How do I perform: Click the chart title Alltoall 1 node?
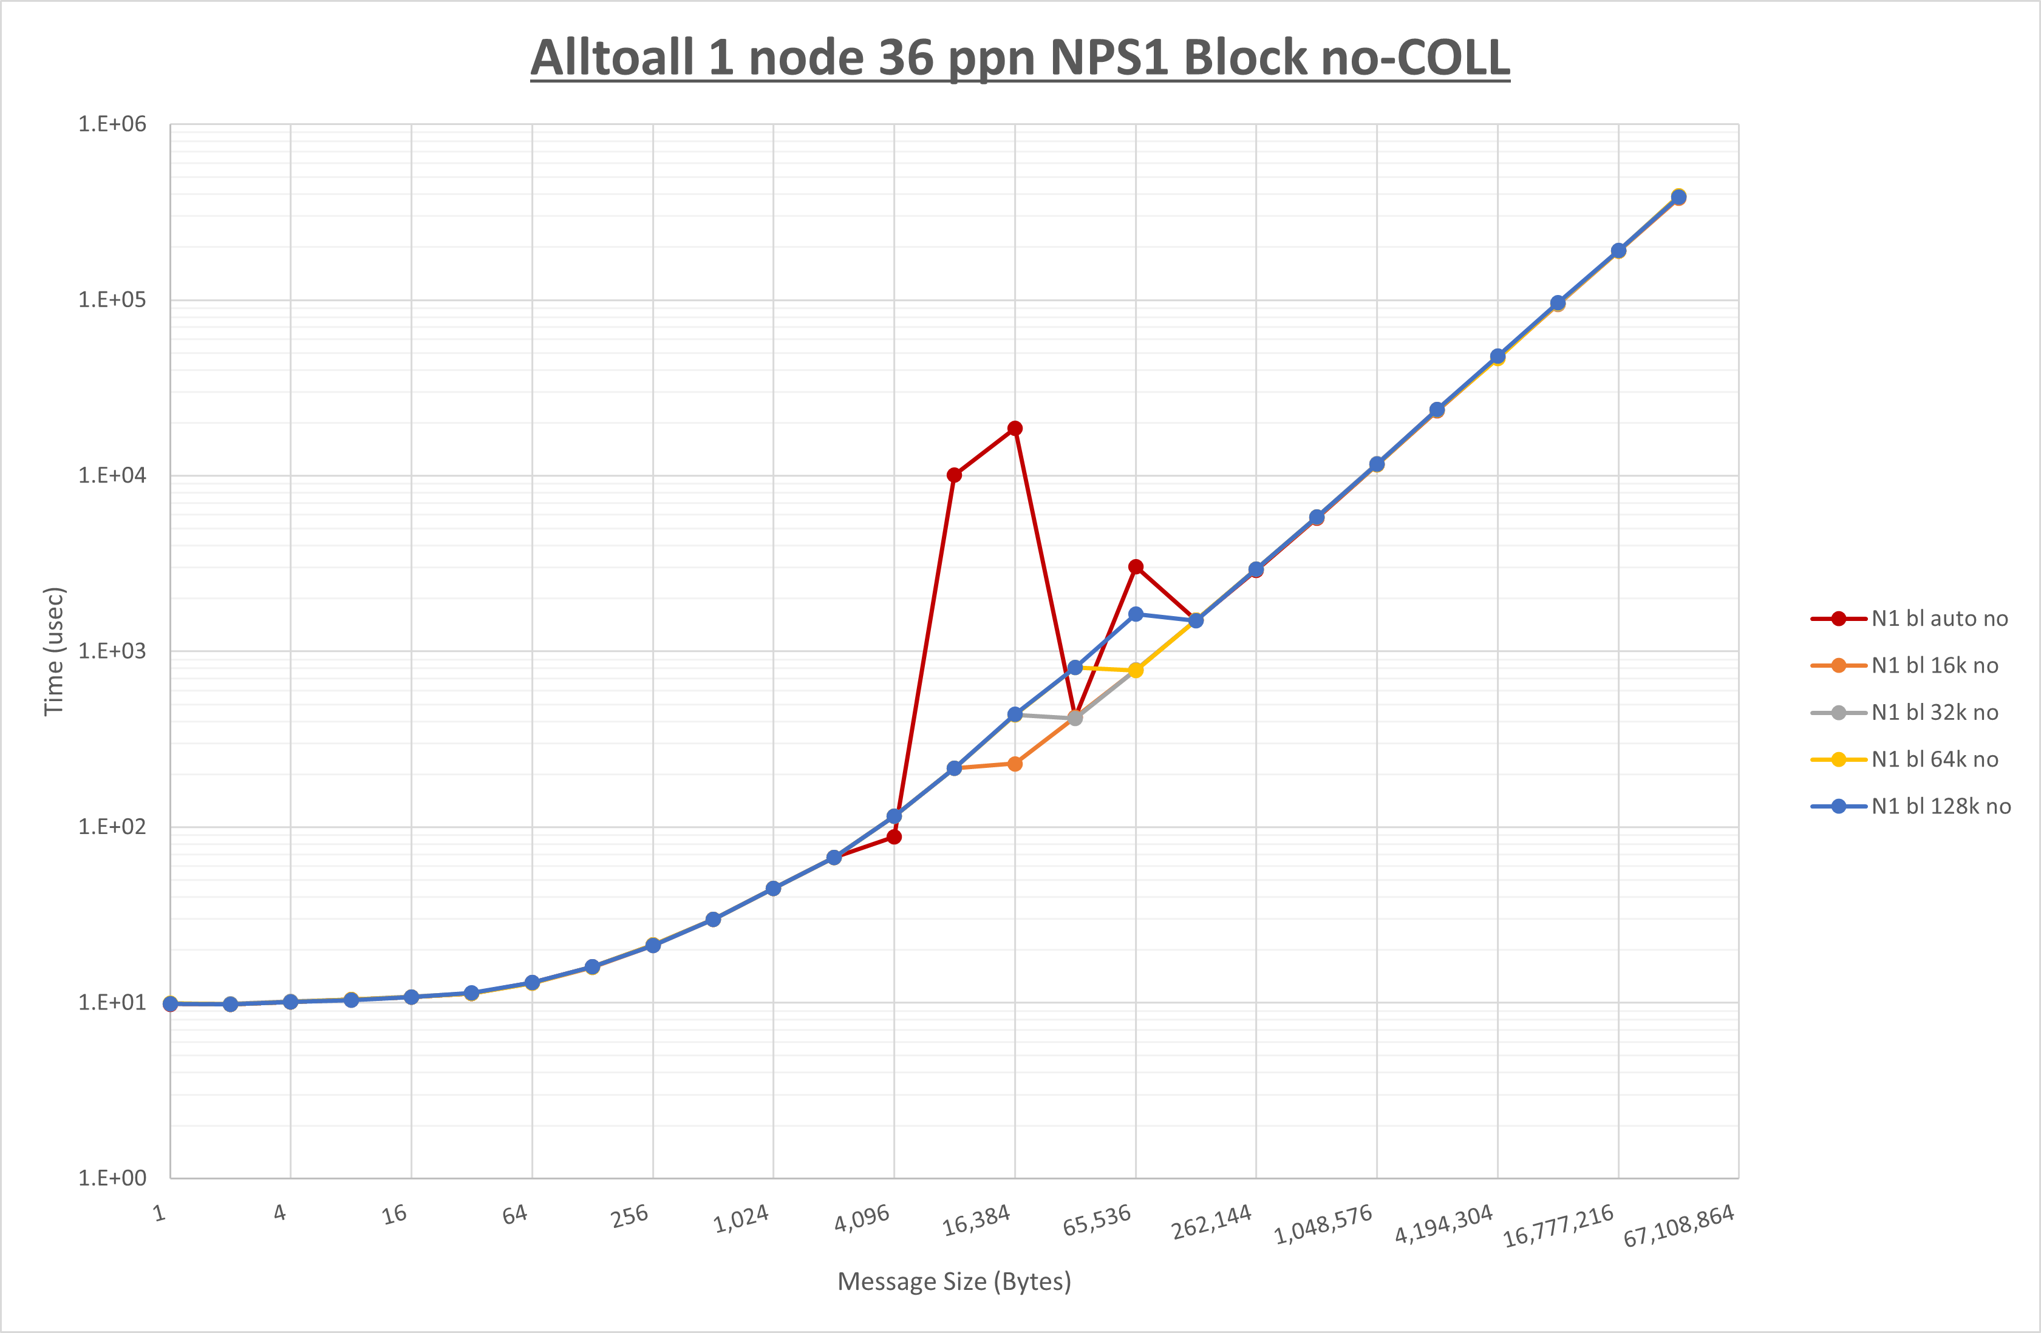1020,58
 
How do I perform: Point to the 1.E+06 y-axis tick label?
112,124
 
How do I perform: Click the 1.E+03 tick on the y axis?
112,651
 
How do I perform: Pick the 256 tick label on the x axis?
630,1216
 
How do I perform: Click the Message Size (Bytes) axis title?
953,1281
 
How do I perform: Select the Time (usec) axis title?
54,651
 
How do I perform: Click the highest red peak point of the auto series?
1015,429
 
